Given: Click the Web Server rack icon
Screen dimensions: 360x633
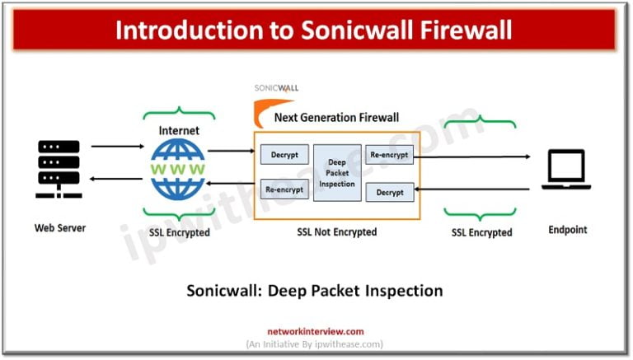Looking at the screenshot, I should [59, 169].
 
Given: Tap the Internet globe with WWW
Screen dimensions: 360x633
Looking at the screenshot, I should [178, 169].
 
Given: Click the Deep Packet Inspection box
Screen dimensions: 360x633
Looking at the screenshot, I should [337, 173].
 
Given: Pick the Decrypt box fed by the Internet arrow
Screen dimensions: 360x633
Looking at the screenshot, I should [284, 154].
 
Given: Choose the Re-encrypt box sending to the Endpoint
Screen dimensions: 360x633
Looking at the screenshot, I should [389, 154].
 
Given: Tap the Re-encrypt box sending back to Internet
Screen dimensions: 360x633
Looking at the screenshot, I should [284, 189].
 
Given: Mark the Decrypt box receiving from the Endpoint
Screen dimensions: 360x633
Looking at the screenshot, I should [389, 192].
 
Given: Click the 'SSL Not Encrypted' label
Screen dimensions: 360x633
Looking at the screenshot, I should [336, 232].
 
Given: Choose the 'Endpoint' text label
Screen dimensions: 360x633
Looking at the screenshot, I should [567, 230].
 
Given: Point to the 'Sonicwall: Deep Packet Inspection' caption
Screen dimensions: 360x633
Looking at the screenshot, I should [314, 291].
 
